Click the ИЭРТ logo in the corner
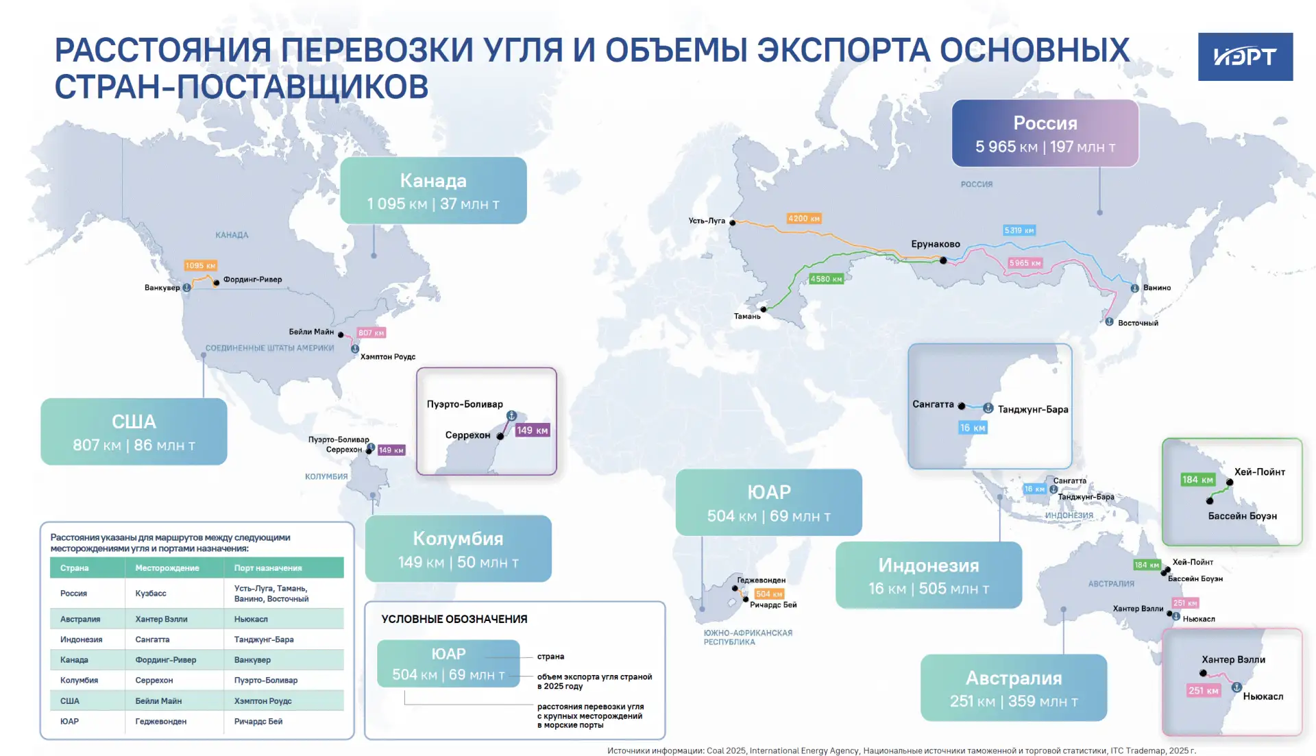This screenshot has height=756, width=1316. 1245,57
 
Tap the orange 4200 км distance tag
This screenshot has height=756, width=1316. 804,219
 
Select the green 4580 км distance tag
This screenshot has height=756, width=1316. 826,279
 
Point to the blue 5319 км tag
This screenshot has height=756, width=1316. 1019,230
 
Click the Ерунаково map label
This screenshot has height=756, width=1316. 935,244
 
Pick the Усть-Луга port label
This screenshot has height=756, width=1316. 707,221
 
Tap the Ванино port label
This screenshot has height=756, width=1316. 1157,288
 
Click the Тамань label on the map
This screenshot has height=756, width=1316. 747,316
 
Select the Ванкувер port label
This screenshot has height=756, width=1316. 162,288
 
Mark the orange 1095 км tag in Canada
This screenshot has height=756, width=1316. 200,265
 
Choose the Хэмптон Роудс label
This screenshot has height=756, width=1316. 388,356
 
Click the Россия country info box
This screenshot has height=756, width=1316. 1045,134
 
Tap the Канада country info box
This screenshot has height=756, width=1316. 433,191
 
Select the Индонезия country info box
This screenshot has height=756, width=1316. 929,576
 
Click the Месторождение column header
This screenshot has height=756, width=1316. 167,568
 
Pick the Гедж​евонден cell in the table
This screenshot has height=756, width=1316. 161,721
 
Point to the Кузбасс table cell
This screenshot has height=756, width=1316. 151,594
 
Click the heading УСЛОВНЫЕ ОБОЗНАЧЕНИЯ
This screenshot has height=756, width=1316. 454,619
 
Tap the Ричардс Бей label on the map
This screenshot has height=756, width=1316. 773,605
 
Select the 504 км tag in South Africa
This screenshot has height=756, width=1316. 768,594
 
